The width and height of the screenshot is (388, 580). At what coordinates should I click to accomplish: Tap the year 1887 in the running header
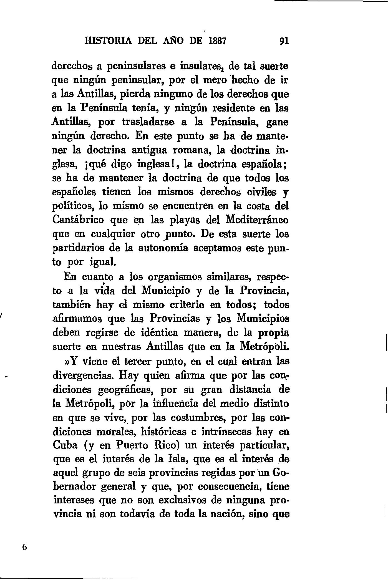click(218, 41)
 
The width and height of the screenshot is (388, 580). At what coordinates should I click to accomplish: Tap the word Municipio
click(166, 290)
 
